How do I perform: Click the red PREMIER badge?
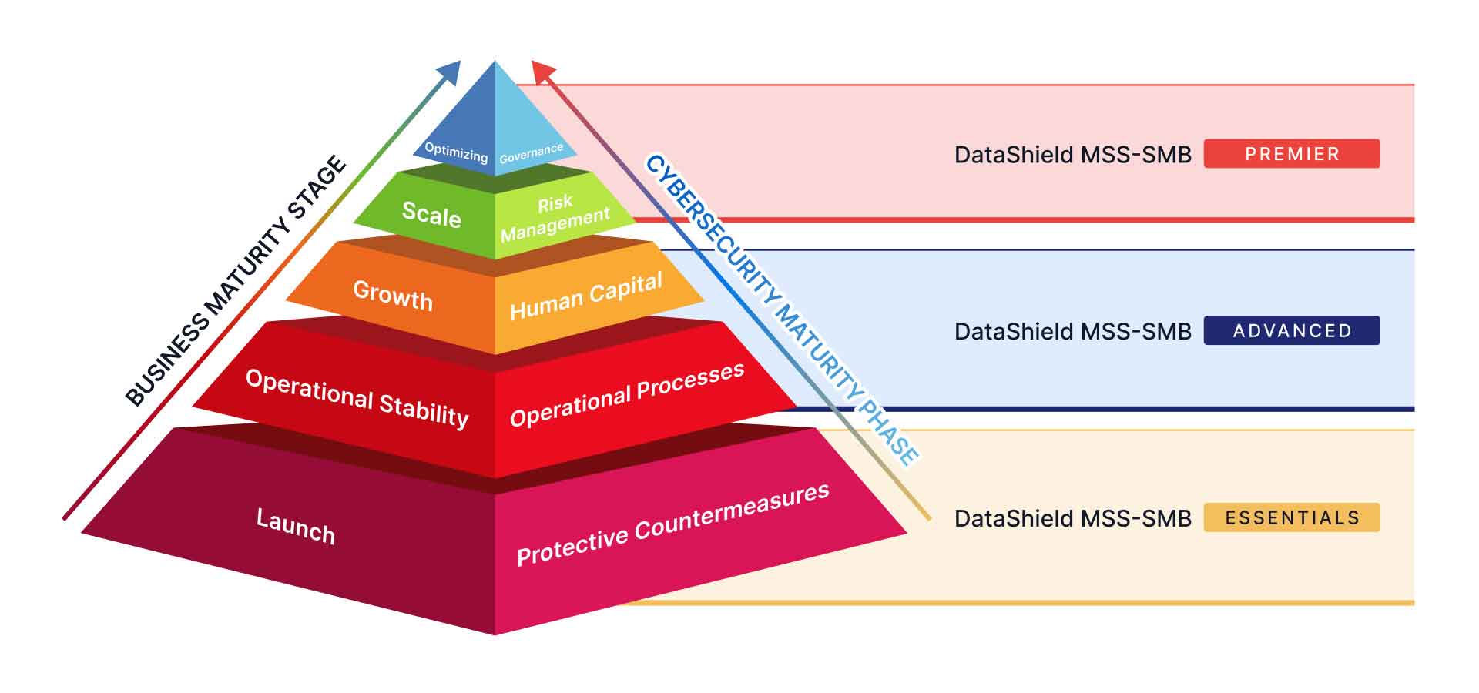tap(1292, 153)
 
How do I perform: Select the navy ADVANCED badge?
tap(1292, 330)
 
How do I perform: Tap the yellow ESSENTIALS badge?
tap(1292, 517)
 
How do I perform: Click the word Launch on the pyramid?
tap(296, 526)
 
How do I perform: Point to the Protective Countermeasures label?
tap(672, 524)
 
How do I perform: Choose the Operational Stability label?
tap(357, 398)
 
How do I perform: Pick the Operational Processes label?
tap(627, 394)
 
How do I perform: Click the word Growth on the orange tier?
tap(393, 295)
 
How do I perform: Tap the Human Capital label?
tap(586, 296)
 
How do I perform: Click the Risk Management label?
tap(555, 217)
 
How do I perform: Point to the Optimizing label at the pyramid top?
tap(456, 152)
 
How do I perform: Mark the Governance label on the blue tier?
tap(532, 153)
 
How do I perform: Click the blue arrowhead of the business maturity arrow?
tap(450, 72)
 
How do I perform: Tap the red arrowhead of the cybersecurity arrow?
tap(542, 72)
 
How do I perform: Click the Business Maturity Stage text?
tap(236, 280)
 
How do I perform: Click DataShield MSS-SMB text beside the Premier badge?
tap(1072, 155)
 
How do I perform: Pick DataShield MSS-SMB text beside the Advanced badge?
tap(1072, 332)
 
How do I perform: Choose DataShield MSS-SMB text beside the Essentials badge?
tap(1072, 519)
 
